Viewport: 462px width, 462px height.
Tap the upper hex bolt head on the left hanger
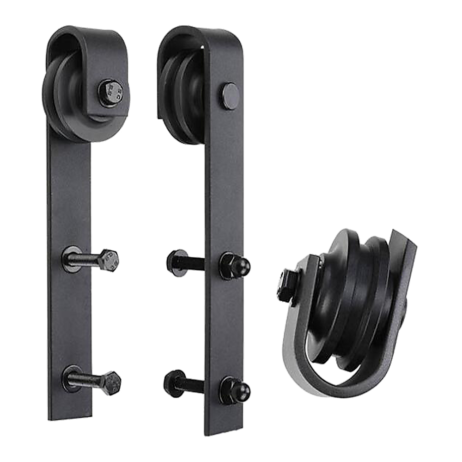(x=109, y=260)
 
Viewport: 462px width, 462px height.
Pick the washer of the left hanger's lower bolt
(x=72, y=378)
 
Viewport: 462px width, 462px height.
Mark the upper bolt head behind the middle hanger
(x=176, y=263)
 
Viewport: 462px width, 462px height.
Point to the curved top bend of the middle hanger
(x=199, y=35)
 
